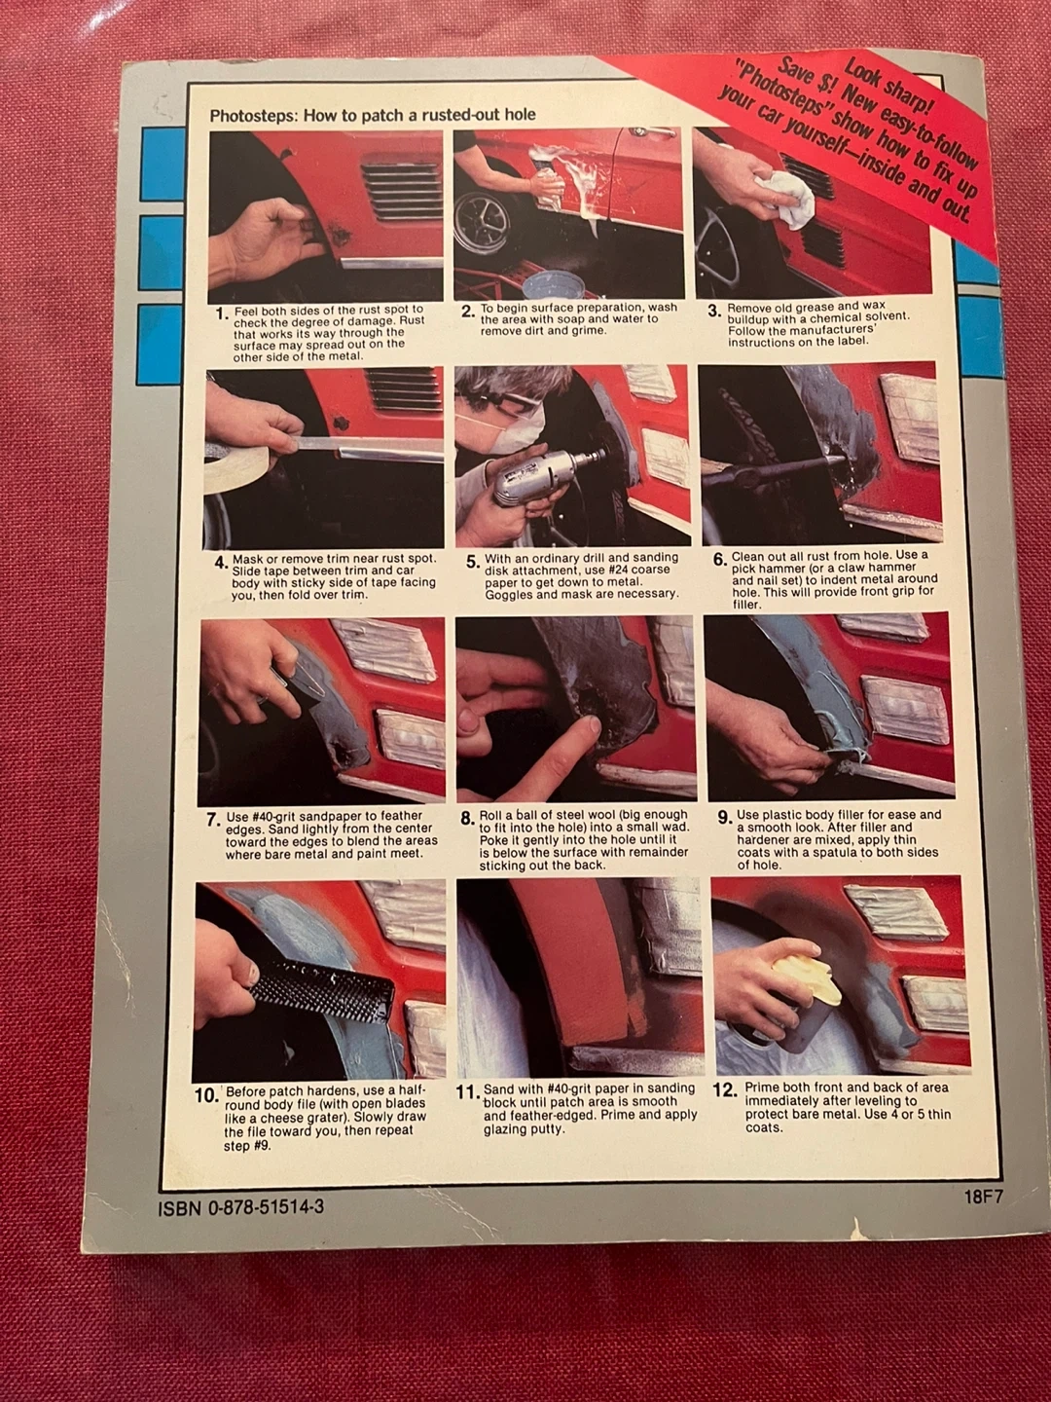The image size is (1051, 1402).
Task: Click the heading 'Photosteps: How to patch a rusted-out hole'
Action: click(373, 116)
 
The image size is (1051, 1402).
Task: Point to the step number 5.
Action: click(472, 562)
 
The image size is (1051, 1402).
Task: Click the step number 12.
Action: click(725, 1089)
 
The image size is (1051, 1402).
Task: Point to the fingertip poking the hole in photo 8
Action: click(592, 725)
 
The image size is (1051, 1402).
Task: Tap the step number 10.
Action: click(206, 1096)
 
